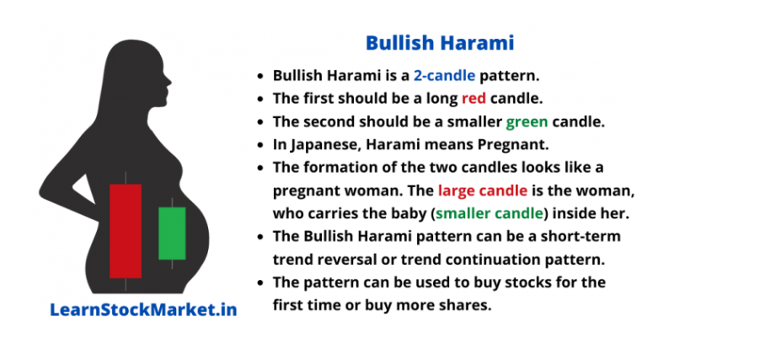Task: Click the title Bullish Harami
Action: point(440,43)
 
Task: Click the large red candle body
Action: point(126,231)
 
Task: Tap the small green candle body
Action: point(172,234)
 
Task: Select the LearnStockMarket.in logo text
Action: point(143,310)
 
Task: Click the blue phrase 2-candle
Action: point(444,76)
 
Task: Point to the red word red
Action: point(474,99)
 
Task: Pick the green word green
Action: point(527,122)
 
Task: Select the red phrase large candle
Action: point(483,191)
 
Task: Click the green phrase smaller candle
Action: point(490,213)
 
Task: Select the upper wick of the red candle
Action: point(126,178)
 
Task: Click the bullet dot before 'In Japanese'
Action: point(260,146)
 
